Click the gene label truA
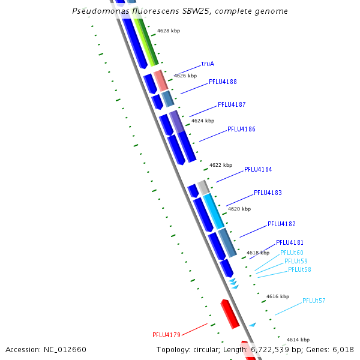coord(208,63)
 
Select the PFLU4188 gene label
coord(223,82)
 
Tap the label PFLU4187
coord(232,104)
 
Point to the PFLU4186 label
coord(241,129)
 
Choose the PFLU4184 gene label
coord(258,169)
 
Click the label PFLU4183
coord(268,193)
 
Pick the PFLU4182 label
coord(281,224)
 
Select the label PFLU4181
coord(290,242)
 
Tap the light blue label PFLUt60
coord(292,253)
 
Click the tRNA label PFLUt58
coord(299,269)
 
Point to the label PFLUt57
coord(314,301)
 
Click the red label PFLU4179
coord(166,335)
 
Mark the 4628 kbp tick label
coord(169,31)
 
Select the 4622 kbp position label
coord(221,165)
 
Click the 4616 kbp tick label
coord(278,296)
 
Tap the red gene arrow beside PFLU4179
coord(230,314)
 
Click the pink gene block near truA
coord(160,80)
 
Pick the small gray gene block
coord(204,187)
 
